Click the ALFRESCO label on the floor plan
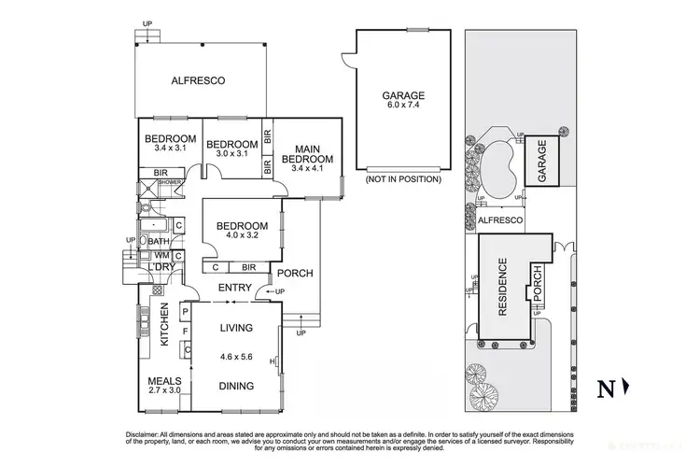[x=199, y=81]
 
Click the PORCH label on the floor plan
[x=295, y=274]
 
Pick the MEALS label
[x=165, y=381]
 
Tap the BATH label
[x=159, y=241]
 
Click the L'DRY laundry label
[x=161, y=268]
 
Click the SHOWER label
[x=168, y=182]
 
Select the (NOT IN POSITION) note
[x=402, y=178]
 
